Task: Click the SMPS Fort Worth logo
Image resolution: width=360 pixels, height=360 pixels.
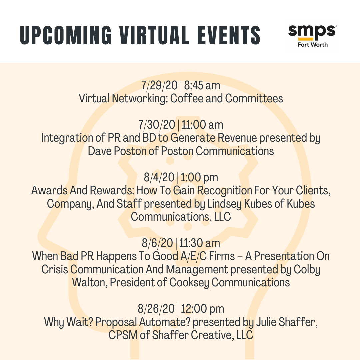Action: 312,35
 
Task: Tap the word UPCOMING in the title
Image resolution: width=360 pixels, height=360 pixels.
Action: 65,35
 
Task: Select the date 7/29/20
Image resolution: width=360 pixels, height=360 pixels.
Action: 159,85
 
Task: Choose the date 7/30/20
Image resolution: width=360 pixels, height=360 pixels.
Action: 157,125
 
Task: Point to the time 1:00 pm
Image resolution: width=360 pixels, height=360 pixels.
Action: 199,177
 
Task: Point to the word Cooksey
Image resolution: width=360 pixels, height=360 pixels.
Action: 189,282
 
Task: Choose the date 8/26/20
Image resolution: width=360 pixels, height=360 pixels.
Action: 156,309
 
